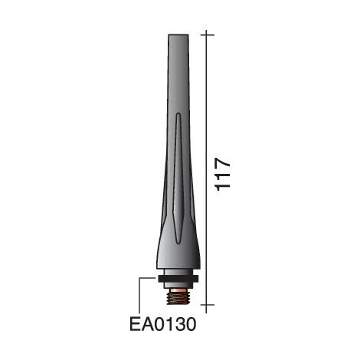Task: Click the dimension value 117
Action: [x=223, y=175]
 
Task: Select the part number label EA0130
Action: [x=163, y=324]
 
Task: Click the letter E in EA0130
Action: [x=136, y=324]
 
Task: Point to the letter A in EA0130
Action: [x=147, y=324]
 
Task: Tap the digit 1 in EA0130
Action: [x=169, y=324]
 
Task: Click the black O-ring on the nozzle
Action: [x=178, y=279]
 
